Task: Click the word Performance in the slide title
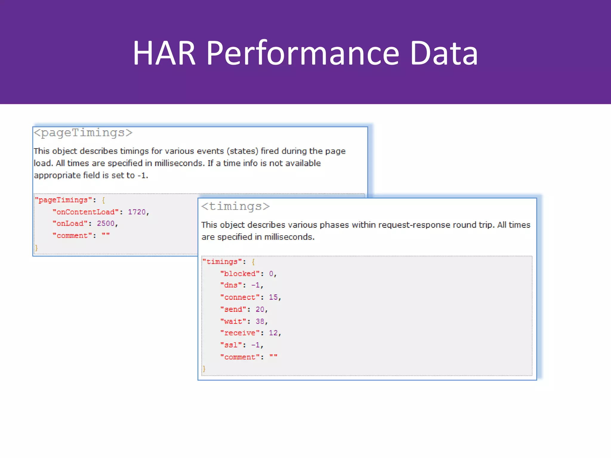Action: [303, 54]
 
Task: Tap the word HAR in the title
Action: [164, 54]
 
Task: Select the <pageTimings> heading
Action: [83, 133]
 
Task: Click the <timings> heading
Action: [235, 206]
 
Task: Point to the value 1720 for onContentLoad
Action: [137, 212]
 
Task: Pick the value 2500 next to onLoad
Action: [106, 224]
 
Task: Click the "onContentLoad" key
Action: [86, 212]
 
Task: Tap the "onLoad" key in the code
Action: [70, 224]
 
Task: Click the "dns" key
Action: [231, 285]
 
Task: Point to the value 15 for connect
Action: [273, 297]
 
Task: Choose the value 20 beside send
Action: [260, 310]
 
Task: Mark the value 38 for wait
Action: [260, 321]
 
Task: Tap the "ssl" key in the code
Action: [231, 345]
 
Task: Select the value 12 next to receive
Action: [273, 333]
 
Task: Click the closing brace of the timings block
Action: [204, 369]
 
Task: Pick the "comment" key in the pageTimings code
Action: [72, 236]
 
